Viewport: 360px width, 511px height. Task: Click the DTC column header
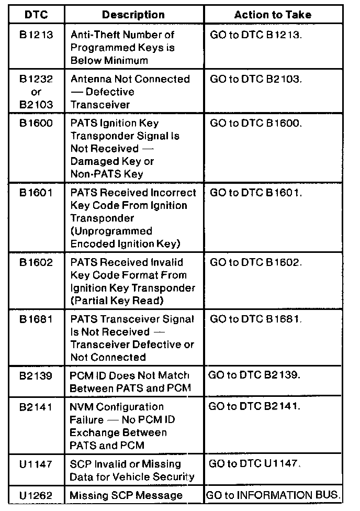pos(36,15)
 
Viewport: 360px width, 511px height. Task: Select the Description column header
pos(133,15)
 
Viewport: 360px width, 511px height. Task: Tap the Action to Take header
pos(273,15)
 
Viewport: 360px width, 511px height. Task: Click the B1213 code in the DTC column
pos(36,35)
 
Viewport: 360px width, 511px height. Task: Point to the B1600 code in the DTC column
pos(36,124)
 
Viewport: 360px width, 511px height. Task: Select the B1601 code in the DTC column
pos(36,193)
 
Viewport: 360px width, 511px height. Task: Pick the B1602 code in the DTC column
pos(36,262)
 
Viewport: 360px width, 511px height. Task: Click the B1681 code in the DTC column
pos(36,319)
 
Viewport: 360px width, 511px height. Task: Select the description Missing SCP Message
pos(126,495)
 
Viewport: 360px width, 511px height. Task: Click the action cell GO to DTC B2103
pos(256,80)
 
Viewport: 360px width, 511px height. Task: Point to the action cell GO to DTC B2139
pos(255,376)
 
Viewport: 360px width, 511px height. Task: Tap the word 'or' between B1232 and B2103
pos(36,92)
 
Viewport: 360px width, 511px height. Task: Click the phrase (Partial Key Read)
pos(117,301)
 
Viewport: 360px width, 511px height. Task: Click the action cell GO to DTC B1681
pos(256,319)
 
